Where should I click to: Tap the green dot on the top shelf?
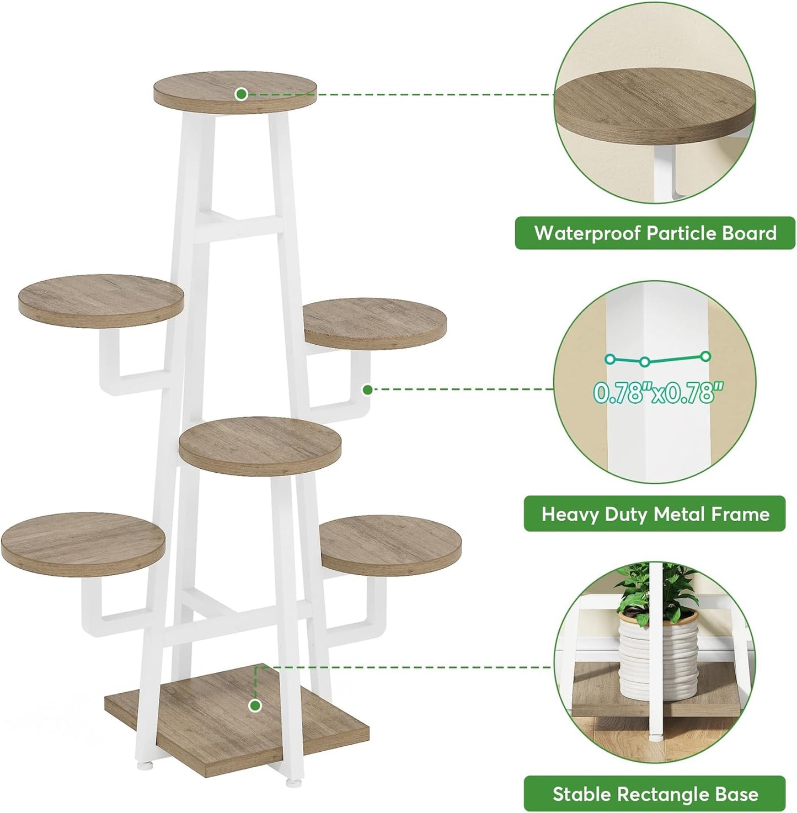pos(241,94)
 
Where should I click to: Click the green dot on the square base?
pos(255,705)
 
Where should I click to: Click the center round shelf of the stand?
pos(260,446)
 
